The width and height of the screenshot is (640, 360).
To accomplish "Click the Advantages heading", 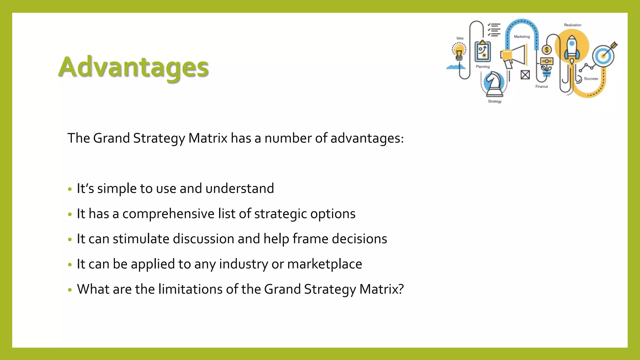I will coord(133,67).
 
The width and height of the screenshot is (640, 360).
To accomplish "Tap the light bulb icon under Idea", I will coord(459,51).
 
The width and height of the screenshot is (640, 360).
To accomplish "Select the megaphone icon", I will coord(514,56).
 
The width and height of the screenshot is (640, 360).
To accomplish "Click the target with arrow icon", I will coord(605,55).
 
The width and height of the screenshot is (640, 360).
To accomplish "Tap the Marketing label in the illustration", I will coord(522,37).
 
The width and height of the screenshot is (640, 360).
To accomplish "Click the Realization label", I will coord(572,25).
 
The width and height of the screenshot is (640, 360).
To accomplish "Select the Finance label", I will coord(542,87).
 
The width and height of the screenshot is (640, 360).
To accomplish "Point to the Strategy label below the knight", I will coord(495,101).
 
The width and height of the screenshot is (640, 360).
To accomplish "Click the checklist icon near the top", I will coord(494,30).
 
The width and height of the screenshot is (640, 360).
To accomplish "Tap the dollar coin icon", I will coord(547,50).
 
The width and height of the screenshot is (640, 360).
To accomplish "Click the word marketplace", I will coord(324,264).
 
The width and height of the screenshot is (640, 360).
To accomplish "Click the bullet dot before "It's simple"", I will coord(70,189).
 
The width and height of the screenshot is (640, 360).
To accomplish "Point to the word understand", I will coord(240,189).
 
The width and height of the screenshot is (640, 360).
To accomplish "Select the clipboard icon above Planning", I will coord(482,52).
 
